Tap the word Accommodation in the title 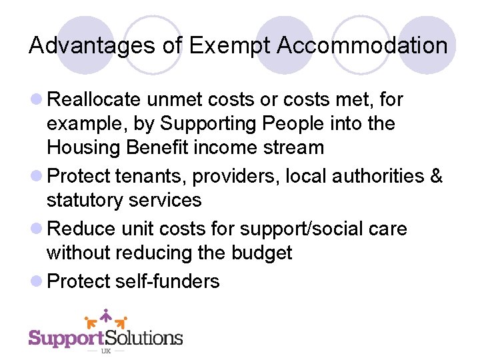pos(362,45)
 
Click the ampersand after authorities pos(436,177)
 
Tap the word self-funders pos(167,281)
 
